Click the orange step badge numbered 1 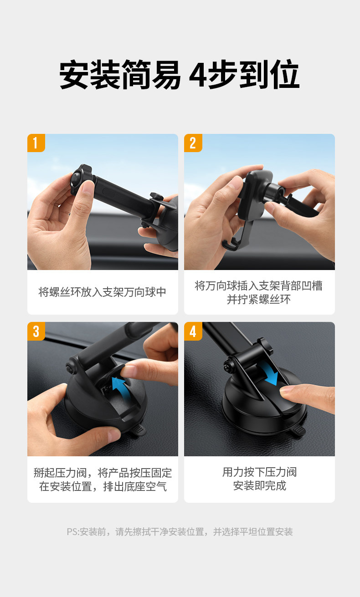(x=36, y=143)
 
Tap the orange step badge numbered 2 (x=193, y=143)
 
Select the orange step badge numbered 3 (x=36, y=331)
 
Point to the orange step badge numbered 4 (x=193, y=331)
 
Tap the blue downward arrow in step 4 (x=269, y=372)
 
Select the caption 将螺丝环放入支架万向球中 (x=103, y=292)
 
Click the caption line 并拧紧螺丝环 (x=259, y=300)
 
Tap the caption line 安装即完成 (x=259, y=485)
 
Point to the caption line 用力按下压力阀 (x=259, y=472)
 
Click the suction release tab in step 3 (x=138, y=429)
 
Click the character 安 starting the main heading (x=74, y=75)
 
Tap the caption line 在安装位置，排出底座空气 (x=103, y=486)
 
